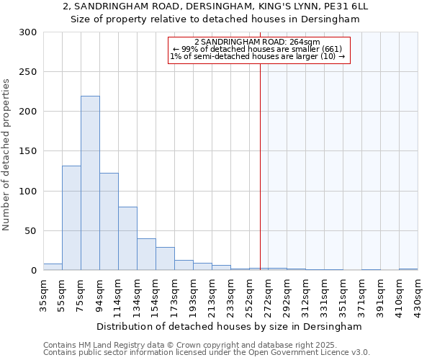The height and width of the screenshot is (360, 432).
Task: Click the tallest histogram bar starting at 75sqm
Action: coord(90,184)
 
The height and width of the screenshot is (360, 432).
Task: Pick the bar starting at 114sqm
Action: coord(127,238)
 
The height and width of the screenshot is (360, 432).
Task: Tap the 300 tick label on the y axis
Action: coord(28,32)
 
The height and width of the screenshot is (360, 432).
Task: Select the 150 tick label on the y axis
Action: coord(28,151)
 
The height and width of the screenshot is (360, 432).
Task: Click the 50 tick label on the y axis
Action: coord(31,231)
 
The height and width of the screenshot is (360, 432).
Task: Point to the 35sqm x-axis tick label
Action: coord(44,295)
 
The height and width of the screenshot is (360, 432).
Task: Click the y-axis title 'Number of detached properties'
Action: coord(6,155)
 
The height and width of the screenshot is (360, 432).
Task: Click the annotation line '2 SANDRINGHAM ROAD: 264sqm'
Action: coord(257,42)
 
